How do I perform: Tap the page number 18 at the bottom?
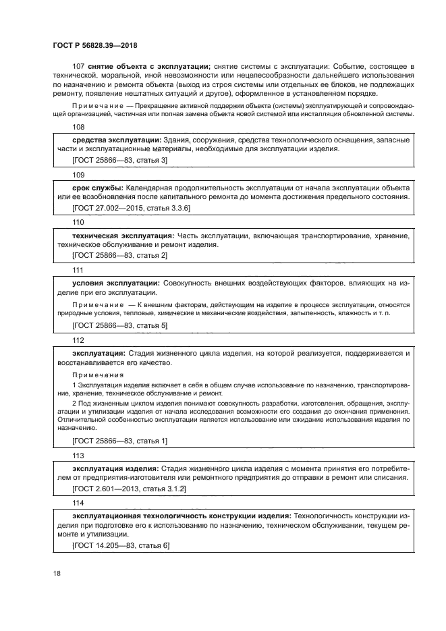click(x=57, y=573)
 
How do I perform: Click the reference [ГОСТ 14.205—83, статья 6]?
click(x=120, y=545)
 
